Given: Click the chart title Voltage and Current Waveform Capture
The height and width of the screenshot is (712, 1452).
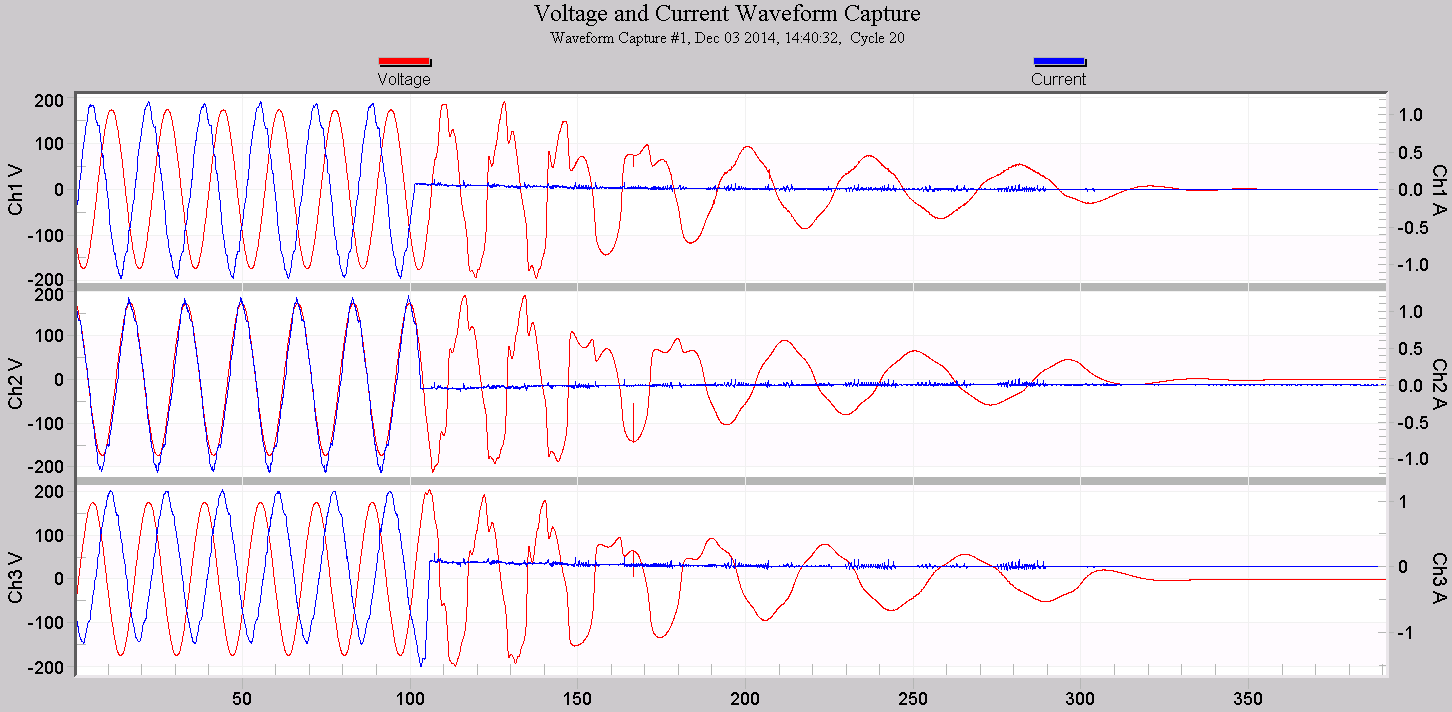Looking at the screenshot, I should pyautogui.click(x=727, y=14).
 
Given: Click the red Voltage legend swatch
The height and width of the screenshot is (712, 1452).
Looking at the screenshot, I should pyautogui.click(x=404, y=62).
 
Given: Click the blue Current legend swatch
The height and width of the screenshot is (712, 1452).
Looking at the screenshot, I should pyautogui.click(x=1059, y=62).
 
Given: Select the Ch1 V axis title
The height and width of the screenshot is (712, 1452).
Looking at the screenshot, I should pyautogui.click(x=15, y=190).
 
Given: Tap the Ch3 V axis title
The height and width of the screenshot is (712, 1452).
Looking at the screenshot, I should pyautogui.click(x=15, y=578).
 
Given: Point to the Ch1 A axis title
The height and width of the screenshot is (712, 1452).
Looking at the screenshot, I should pyautogui.click(x=1438, y=190).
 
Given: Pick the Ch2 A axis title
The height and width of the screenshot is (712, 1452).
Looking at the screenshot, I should pyautogui.click(x=1438, y=384).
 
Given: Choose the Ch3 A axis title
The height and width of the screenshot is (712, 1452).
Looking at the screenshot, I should pyautogui.click(x=1438, y=578).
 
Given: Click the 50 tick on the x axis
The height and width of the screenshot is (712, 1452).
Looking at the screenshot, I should pyautogui.click(x=242, y=696).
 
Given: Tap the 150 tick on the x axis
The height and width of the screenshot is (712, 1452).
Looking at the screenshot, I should pyautogui.click(x=577, y=696).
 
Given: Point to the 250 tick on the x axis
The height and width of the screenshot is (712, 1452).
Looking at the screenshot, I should pyautogui.click(x=913, y=696).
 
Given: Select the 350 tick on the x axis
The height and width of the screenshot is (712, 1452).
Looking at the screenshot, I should pyautogui.click(x=1248, y=696).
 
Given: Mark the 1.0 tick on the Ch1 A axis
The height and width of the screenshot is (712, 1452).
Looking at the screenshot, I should pyautogui.click(x=1410, y=115).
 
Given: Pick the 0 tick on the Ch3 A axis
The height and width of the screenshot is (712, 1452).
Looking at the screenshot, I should pyautogui.click(x=1402, y=567).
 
